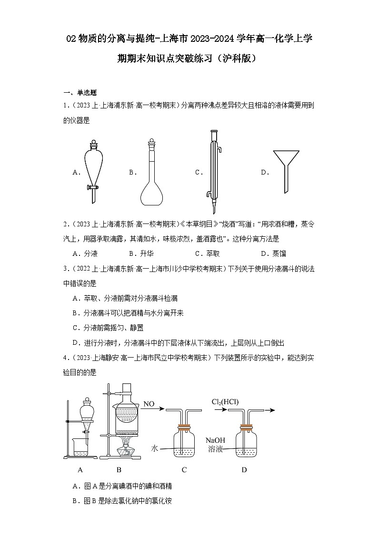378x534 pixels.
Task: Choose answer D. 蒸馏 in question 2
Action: [273, 253]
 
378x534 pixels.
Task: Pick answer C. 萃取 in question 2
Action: [207, 253]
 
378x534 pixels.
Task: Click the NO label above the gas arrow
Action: [149, 404]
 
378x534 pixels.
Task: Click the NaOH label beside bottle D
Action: [214, 440]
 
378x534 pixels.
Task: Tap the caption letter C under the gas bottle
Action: [184, 470]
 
